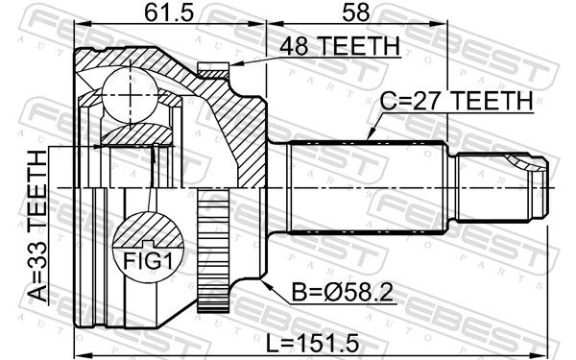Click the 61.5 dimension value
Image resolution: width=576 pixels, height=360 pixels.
168,12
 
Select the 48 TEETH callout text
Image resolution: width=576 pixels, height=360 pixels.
340,46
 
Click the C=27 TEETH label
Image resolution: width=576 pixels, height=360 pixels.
456,100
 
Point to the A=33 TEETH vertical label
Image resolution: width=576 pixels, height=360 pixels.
38,226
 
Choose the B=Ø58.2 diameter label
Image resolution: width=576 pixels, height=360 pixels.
343,293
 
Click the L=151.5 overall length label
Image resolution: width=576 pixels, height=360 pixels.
312,344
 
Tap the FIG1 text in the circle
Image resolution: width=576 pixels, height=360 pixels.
147,261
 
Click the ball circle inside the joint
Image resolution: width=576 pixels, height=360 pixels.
130,95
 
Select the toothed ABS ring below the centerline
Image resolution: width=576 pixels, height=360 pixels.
213,250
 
